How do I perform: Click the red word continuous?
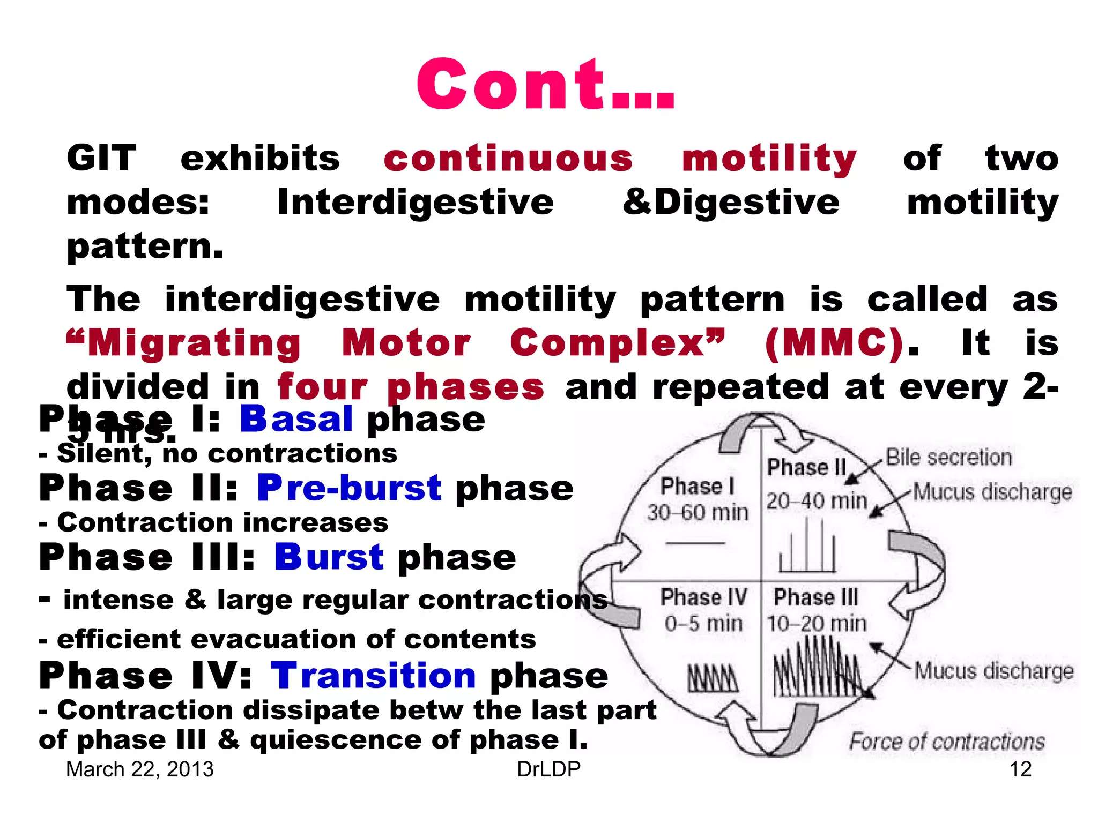pos(508,159)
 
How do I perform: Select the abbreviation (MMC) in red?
pos(834,343)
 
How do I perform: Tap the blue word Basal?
pos(296,419)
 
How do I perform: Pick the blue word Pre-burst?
pos(349,488)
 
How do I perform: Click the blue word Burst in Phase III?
pos(329,557)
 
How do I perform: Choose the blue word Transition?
pos(373,675)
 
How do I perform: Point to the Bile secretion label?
pos(948,458)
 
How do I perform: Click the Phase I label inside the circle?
pos(697,487)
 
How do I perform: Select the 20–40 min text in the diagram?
pos(816,502)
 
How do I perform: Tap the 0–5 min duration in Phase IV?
pos(703,624)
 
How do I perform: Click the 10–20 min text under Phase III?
pos(816,624)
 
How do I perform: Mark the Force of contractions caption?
pos(947,742)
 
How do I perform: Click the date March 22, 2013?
pos(139,769)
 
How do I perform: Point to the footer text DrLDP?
pos(548,769)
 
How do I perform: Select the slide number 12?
pos(1020,769)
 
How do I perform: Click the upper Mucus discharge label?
pos(992,491)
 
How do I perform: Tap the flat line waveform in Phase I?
pos(695,543)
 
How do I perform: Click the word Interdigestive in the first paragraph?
pos(415,203)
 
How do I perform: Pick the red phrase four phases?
pos(411,387)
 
